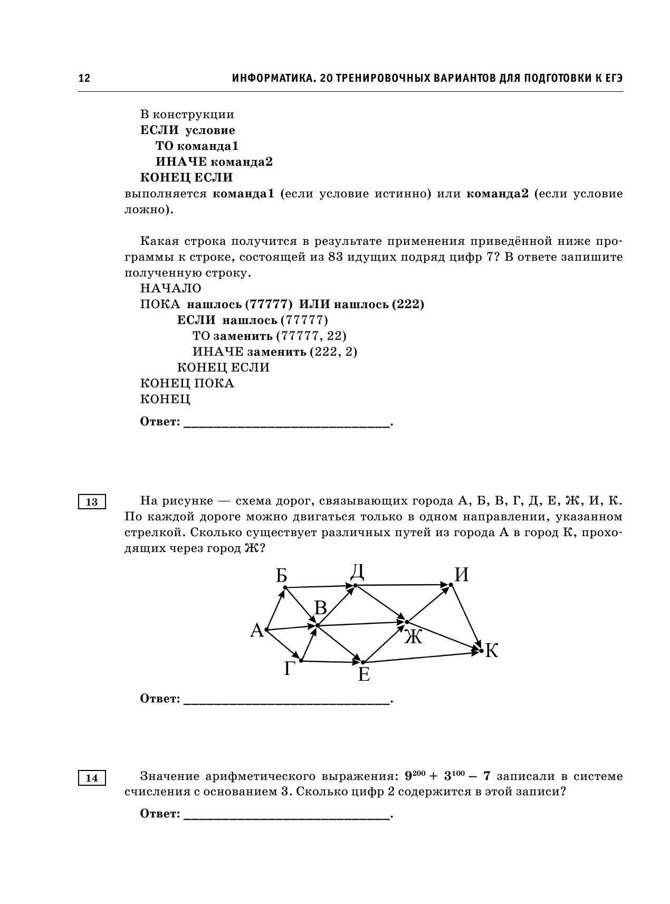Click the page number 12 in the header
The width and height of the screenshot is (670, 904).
84,78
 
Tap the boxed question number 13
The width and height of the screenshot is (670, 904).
92,501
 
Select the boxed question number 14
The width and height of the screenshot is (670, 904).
92,777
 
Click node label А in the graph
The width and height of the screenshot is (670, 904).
257,630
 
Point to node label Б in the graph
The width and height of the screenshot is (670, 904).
281,575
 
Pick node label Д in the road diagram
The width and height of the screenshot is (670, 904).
357,572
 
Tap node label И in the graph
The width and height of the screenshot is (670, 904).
462,575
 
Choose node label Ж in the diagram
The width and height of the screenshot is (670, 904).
414,637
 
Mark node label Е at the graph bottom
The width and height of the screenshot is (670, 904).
363,674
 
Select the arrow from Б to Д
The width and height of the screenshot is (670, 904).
319,586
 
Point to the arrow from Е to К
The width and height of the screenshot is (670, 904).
422,657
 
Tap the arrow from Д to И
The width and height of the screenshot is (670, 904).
404,585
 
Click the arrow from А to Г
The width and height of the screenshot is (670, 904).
284,645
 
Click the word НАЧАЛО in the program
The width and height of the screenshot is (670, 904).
171,288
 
